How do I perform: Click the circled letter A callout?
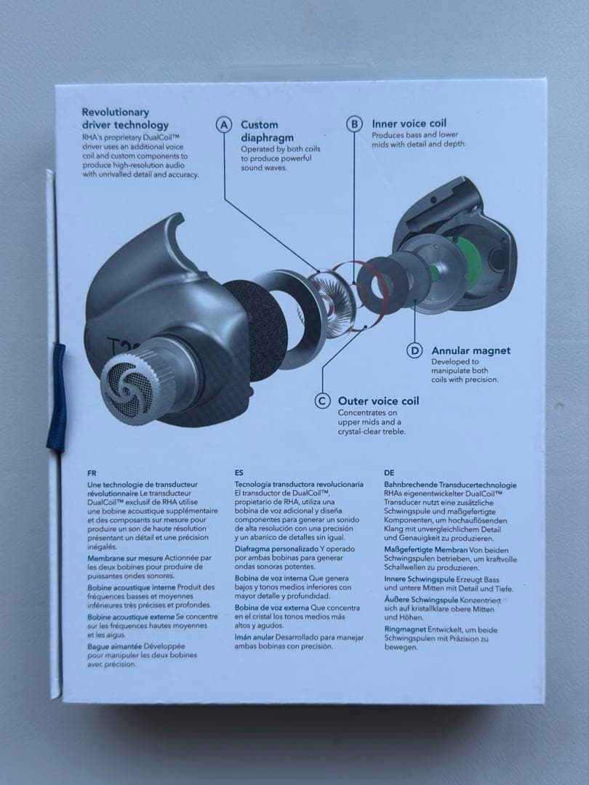pos(224,125)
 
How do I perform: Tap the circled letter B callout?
pos(354,124)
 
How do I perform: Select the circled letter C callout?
pos(323,401)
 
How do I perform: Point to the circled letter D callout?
pos(414,351)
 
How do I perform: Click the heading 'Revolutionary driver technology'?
pos(125,118)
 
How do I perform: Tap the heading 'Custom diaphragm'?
pos(267,131)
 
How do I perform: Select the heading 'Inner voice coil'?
pos(409,124)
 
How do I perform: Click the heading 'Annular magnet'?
pos(470,351)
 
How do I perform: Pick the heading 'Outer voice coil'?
pos(379,401)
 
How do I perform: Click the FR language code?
pos(92,473)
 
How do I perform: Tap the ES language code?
pos(239,472)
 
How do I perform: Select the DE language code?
pos(389,472)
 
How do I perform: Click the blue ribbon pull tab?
pos(57,398)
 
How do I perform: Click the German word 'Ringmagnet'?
pos(406,629)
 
